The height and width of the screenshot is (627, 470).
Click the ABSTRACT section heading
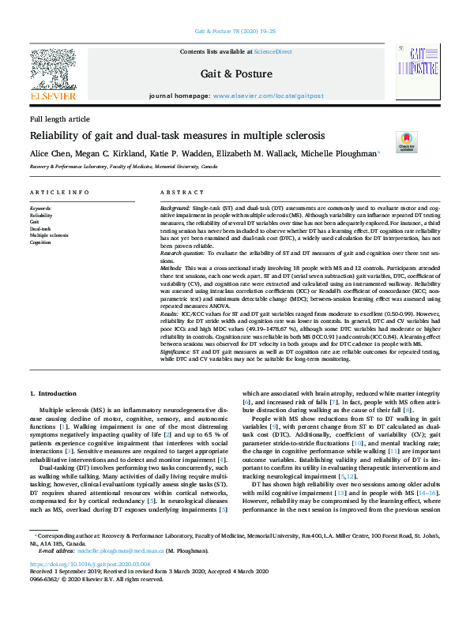177,193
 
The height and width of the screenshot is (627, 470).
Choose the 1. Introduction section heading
54,392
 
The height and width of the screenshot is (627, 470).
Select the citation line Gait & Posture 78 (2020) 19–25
235,32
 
